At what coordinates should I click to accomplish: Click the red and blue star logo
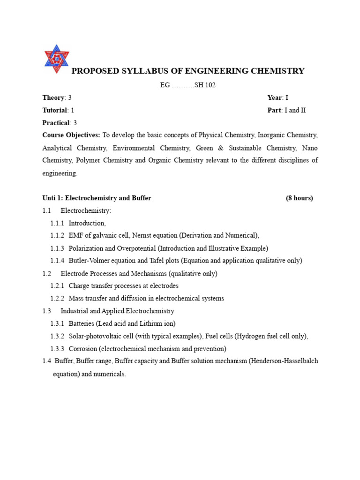click(56, 59)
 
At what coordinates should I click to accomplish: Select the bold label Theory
click(53, 97)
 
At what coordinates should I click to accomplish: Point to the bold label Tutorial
click(55, 110)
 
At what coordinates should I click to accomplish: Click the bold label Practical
click(55, 123)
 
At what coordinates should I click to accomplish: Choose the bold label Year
click(274, 97)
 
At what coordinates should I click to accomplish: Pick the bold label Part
click(274, 110)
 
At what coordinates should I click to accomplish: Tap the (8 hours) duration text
click(299, 198)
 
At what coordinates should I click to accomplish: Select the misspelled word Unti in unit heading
click(49, 198)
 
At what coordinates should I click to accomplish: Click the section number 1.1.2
click(57, 235)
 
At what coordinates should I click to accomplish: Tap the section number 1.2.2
click(57, 298)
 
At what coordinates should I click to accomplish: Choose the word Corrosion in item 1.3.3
click(83, 348)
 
